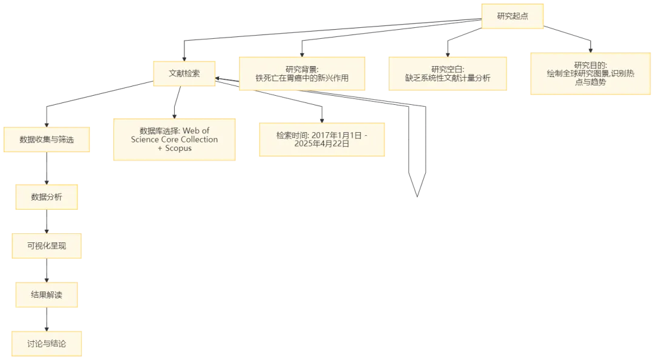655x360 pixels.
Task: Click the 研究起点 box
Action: click(512, 16)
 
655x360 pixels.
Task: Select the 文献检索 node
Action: click(184, 73)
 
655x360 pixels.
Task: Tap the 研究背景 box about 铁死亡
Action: click(302, 74)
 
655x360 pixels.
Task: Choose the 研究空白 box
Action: click(448, 74)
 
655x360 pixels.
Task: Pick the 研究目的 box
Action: click(591, 73)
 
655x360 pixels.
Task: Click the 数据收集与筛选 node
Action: click(47, 140)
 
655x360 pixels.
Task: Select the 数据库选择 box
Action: click(174, 139)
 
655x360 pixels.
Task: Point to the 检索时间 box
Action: click(321, 140)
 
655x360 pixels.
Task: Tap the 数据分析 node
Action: click(47, 196)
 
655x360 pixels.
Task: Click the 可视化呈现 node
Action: click(47, 247)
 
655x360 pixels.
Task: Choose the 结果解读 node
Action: click(47, 295)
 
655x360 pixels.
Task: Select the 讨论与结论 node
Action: click(47, 344)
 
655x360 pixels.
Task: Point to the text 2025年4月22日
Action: click(321, 145)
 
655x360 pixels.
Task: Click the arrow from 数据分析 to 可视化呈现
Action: click(47, 222)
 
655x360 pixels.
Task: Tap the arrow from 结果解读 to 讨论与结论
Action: click(47, 319)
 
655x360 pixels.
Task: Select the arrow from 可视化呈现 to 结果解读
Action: click(47, 271)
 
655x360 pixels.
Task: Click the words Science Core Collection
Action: click(174, 139)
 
